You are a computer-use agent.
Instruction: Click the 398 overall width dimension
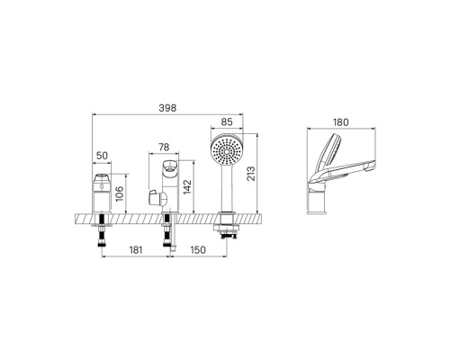point(167,108)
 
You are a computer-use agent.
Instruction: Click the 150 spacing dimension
point(197,249)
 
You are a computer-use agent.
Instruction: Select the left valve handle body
point(103,191)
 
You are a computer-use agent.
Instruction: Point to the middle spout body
point(168,184)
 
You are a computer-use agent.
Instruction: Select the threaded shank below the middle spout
point(168,236)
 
